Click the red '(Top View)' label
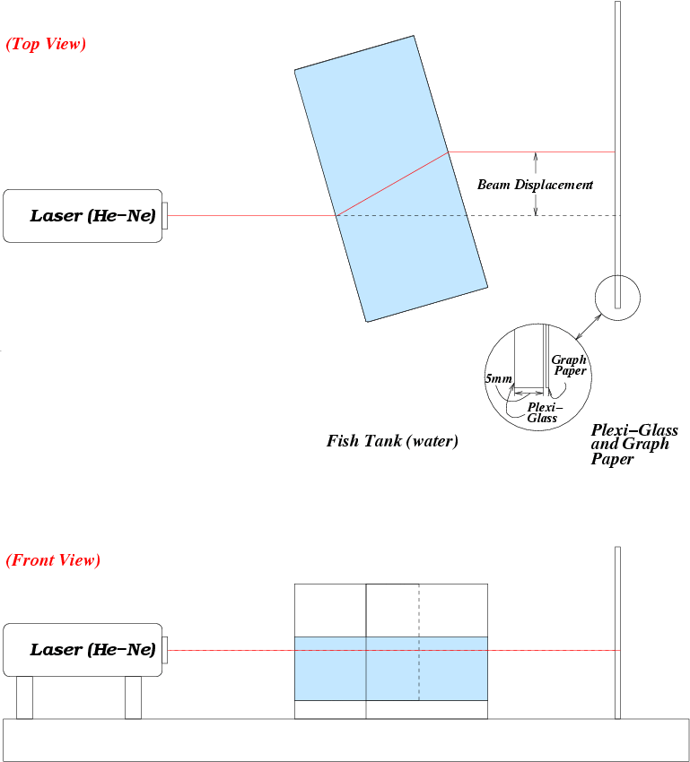pyautogui.click(x=46, y=44)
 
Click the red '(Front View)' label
pyautogui.click(x=53, y=560)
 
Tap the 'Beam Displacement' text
pyautogui.click(x=535, y=185)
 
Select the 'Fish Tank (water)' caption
pyautogui.click(x=392, y=441)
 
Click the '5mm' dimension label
pyautogui.click(x=498, y=379)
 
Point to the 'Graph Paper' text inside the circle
pyautogui.click(x=569, y=365)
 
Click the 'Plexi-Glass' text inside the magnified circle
pyautogui.click(x=542, y=412)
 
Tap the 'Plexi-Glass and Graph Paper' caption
pyautogui.click(x=633, y=445)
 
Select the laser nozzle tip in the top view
pyautogui.click(x=165, y=215)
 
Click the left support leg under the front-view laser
pyautogui.click(x=24, y=697)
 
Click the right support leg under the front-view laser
pyautogui.click(x=133, y=697)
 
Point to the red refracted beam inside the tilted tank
pyautogui.click(x=393, y=184)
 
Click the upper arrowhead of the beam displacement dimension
pyautogui.click(x=536, y=157)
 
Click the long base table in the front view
pyautogui.click(x=346, y=740)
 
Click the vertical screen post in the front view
pyautogui.click(x=617, y=632)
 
